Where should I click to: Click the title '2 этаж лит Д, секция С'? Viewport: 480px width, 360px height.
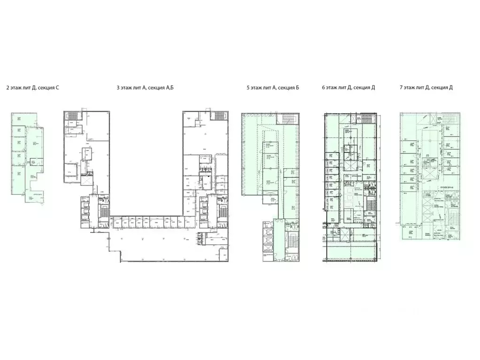coord(32,88)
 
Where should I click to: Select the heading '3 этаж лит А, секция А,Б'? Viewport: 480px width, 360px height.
coord(145,88)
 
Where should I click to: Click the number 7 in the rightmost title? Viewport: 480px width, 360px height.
coord(400,88)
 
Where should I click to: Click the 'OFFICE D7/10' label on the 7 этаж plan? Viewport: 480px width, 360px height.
coord(446,187)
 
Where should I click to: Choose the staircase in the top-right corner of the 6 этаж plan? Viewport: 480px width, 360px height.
coord(367,118)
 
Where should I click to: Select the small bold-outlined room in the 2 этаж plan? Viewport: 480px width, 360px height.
coord(33,162)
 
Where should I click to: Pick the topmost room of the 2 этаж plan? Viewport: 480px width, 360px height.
coord(23,119)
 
